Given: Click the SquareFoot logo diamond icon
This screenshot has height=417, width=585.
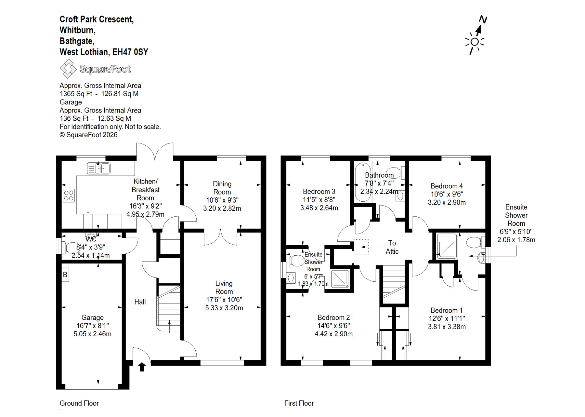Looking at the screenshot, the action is point(68,69).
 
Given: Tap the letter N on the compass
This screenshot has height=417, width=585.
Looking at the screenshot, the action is point(483,20).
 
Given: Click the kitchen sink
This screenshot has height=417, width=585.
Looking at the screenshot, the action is point(99,168).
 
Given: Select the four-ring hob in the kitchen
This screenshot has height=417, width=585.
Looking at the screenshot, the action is point(69,195).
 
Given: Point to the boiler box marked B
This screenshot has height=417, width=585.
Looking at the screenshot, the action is point(65,275).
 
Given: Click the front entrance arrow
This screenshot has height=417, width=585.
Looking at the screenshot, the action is point(142,367).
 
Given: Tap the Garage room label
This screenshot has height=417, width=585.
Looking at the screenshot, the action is point(93,317).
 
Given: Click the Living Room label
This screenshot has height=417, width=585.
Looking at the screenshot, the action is point(224,288).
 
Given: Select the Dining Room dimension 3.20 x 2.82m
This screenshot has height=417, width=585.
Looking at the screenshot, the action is point(222,208).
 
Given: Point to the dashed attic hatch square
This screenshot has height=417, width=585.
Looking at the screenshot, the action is point(361,247).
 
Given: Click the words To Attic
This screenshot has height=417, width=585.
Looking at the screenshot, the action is point(392,247).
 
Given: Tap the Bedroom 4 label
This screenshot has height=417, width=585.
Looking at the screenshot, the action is point(447,186).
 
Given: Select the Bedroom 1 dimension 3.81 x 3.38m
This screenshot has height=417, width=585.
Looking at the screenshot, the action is point(447,327).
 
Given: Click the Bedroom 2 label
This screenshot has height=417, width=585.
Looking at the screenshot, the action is point(333,317).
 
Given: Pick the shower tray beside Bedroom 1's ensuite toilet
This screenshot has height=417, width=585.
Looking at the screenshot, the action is point(447,246).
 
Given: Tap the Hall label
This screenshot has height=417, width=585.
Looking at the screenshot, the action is point(140,302).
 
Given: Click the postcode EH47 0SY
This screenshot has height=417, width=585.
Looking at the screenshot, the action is point(130,52).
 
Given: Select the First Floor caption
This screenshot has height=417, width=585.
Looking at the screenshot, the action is point(299,403).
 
